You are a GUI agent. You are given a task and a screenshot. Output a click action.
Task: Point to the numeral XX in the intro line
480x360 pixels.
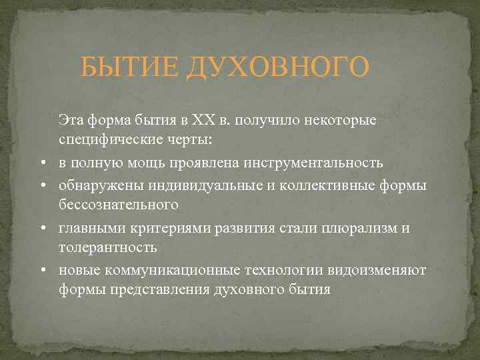[x=201, y=120]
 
